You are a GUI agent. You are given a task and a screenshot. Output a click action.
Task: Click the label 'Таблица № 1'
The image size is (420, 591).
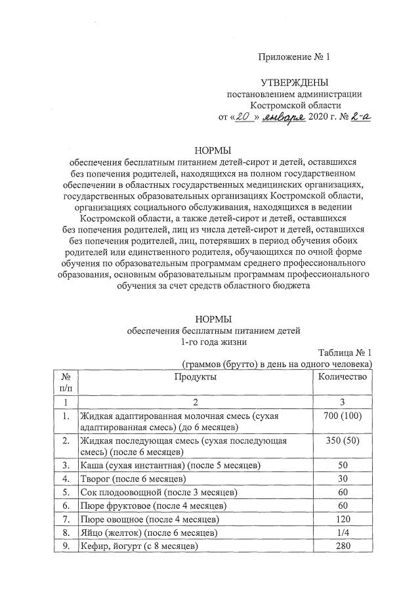tap(345, 352)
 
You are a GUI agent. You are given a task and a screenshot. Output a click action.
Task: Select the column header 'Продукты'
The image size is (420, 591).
tap(195, 376)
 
